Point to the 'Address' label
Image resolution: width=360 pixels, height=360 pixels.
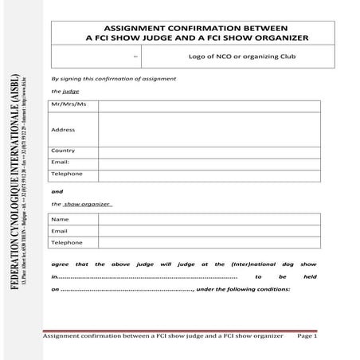pos(63,129)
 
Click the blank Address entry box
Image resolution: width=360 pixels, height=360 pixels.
pos(209,129)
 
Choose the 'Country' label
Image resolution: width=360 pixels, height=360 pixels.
pos(63,151)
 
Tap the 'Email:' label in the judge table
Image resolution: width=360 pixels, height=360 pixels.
pos(61,162)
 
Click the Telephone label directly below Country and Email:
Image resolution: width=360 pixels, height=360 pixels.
pos(66,174)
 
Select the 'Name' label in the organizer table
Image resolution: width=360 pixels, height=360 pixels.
pos(60,219)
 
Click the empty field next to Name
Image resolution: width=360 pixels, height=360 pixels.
pos(209,219)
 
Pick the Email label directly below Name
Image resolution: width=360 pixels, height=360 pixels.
pos(60,231)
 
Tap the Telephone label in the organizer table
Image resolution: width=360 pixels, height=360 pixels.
pos(66,243)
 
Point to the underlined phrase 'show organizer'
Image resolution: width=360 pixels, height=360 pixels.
pos(88,204)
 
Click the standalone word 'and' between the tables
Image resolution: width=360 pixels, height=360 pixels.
pos(57,191)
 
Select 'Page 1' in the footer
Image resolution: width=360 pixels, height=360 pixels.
pos(307,337)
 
